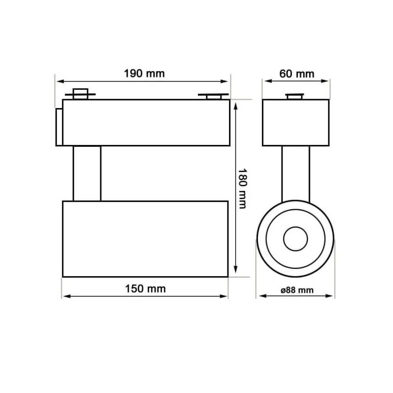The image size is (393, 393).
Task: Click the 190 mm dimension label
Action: [144, 74]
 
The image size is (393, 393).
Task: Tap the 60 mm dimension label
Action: [297, 74]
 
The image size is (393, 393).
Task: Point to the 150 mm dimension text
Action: [145, 288]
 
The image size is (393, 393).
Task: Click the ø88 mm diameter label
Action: [297, 290]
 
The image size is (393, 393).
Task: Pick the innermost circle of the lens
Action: [295, 239]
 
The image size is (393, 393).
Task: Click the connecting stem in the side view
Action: [87, 173]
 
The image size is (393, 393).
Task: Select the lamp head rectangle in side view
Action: [145, 238]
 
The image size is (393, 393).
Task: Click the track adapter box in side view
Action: [146, 122]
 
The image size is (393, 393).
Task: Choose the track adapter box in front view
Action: [296, 122]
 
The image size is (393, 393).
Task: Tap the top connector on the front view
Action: [296, 96]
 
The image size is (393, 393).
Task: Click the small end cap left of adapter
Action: [59, 127]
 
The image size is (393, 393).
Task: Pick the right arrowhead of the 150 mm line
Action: [225, 296]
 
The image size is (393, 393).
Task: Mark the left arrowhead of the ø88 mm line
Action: [260, 296]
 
